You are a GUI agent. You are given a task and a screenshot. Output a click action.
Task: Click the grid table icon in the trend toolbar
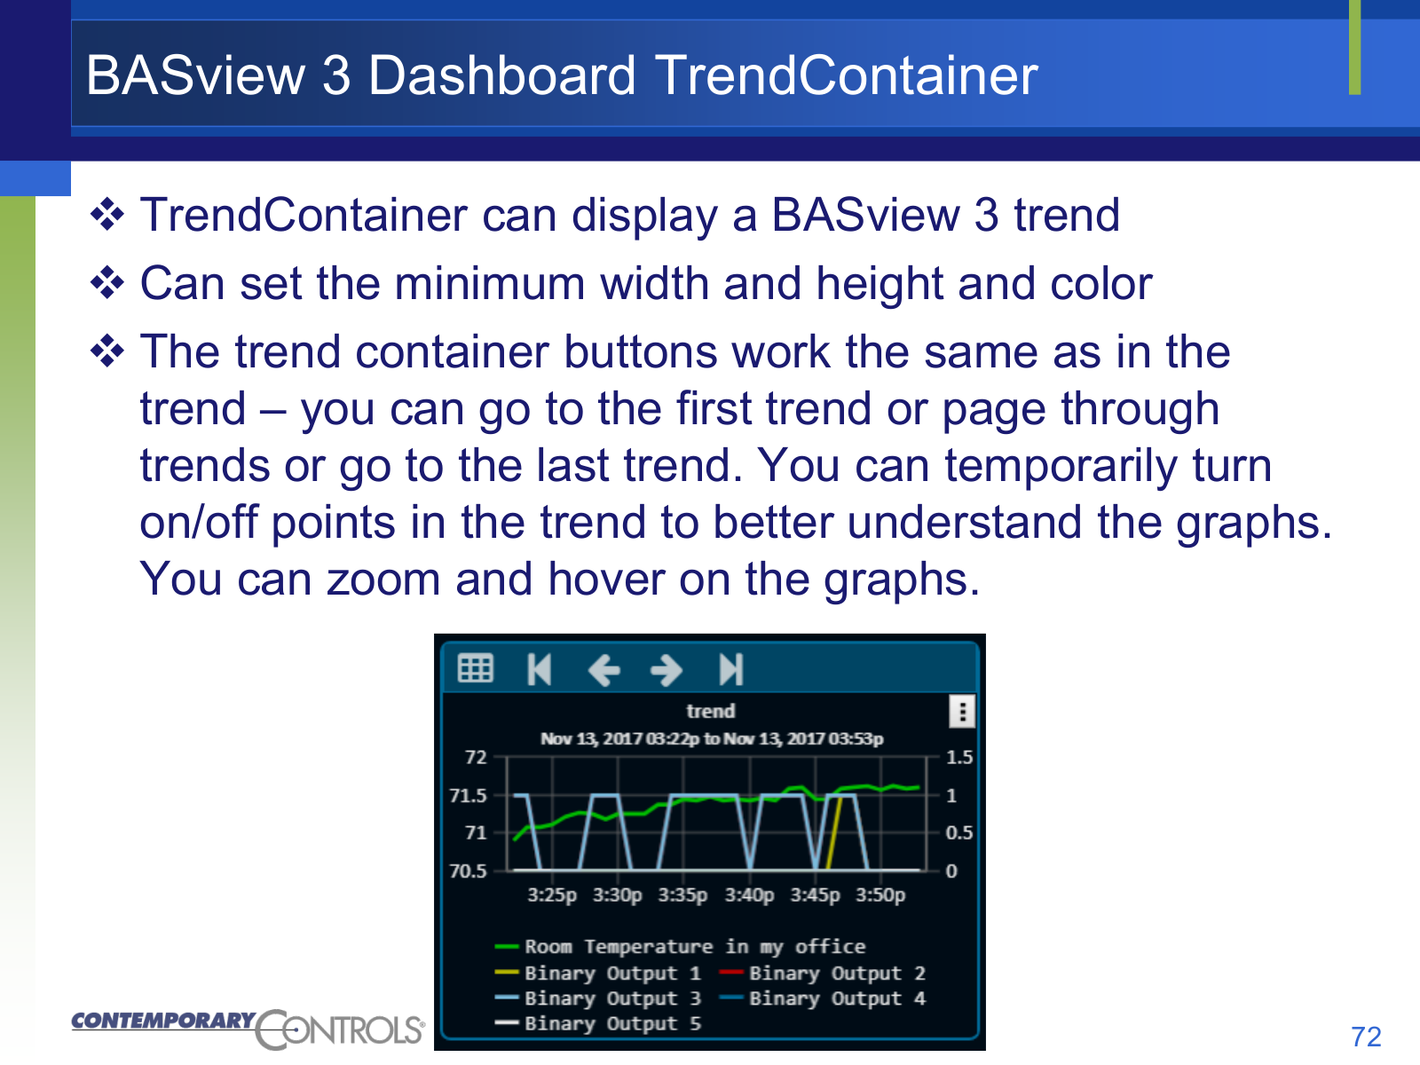click(476, 668)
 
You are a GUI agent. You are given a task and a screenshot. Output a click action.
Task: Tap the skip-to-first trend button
click(539, 668)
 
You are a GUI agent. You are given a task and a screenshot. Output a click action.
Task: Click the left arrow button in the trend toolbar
click(604, 669)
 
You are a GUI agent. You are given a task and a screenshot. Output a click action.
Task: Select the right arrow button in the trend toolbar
click(667, 669)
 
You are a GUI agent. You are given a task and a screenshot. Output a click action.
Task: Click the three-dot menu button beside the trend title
click(962, 711)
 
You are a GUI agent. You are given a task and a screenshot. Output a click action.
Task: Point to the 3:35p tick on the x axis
click(682, 895)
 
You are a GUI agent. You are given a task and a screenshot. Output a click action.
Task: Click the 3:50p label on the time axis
click(880, 895)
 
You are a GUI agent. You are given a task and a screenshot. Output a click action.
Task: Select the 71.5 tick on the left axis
click(468, 795)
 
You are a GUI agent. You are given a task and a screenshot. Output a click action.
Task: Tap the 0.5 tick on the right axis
click(958, 832)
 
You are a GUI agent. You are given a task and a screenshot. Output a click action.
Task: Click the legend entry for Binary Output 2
click(822, 974)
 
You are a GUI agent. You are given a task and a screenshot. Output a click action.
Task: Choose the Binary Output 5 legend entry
click(598, 1023)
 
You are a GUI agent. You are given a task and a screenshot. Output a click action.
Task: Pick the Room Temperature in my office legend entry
click(680, 947)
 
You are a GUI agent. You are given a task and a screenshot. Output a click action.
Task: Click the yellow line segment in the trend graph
click(834, 832)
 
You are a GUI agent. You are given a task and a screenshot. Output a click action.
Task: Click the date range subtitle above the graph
click(712, 738)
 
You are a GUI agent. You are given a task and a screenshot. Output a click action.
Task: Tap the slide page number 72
click(1366, 1037)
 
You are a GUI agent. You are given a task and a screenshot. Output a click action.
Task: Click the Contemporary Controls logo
click(248, 1029)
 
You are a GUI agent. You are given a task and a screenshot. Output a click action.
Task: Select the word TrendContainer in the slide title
click(846, 75)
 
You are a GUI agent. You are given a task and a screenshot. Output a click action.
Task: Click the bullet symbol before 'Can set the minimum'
click(107, 283)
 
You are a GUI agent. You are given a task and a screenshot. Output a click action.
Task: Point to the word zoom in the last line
click(383, 580)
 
